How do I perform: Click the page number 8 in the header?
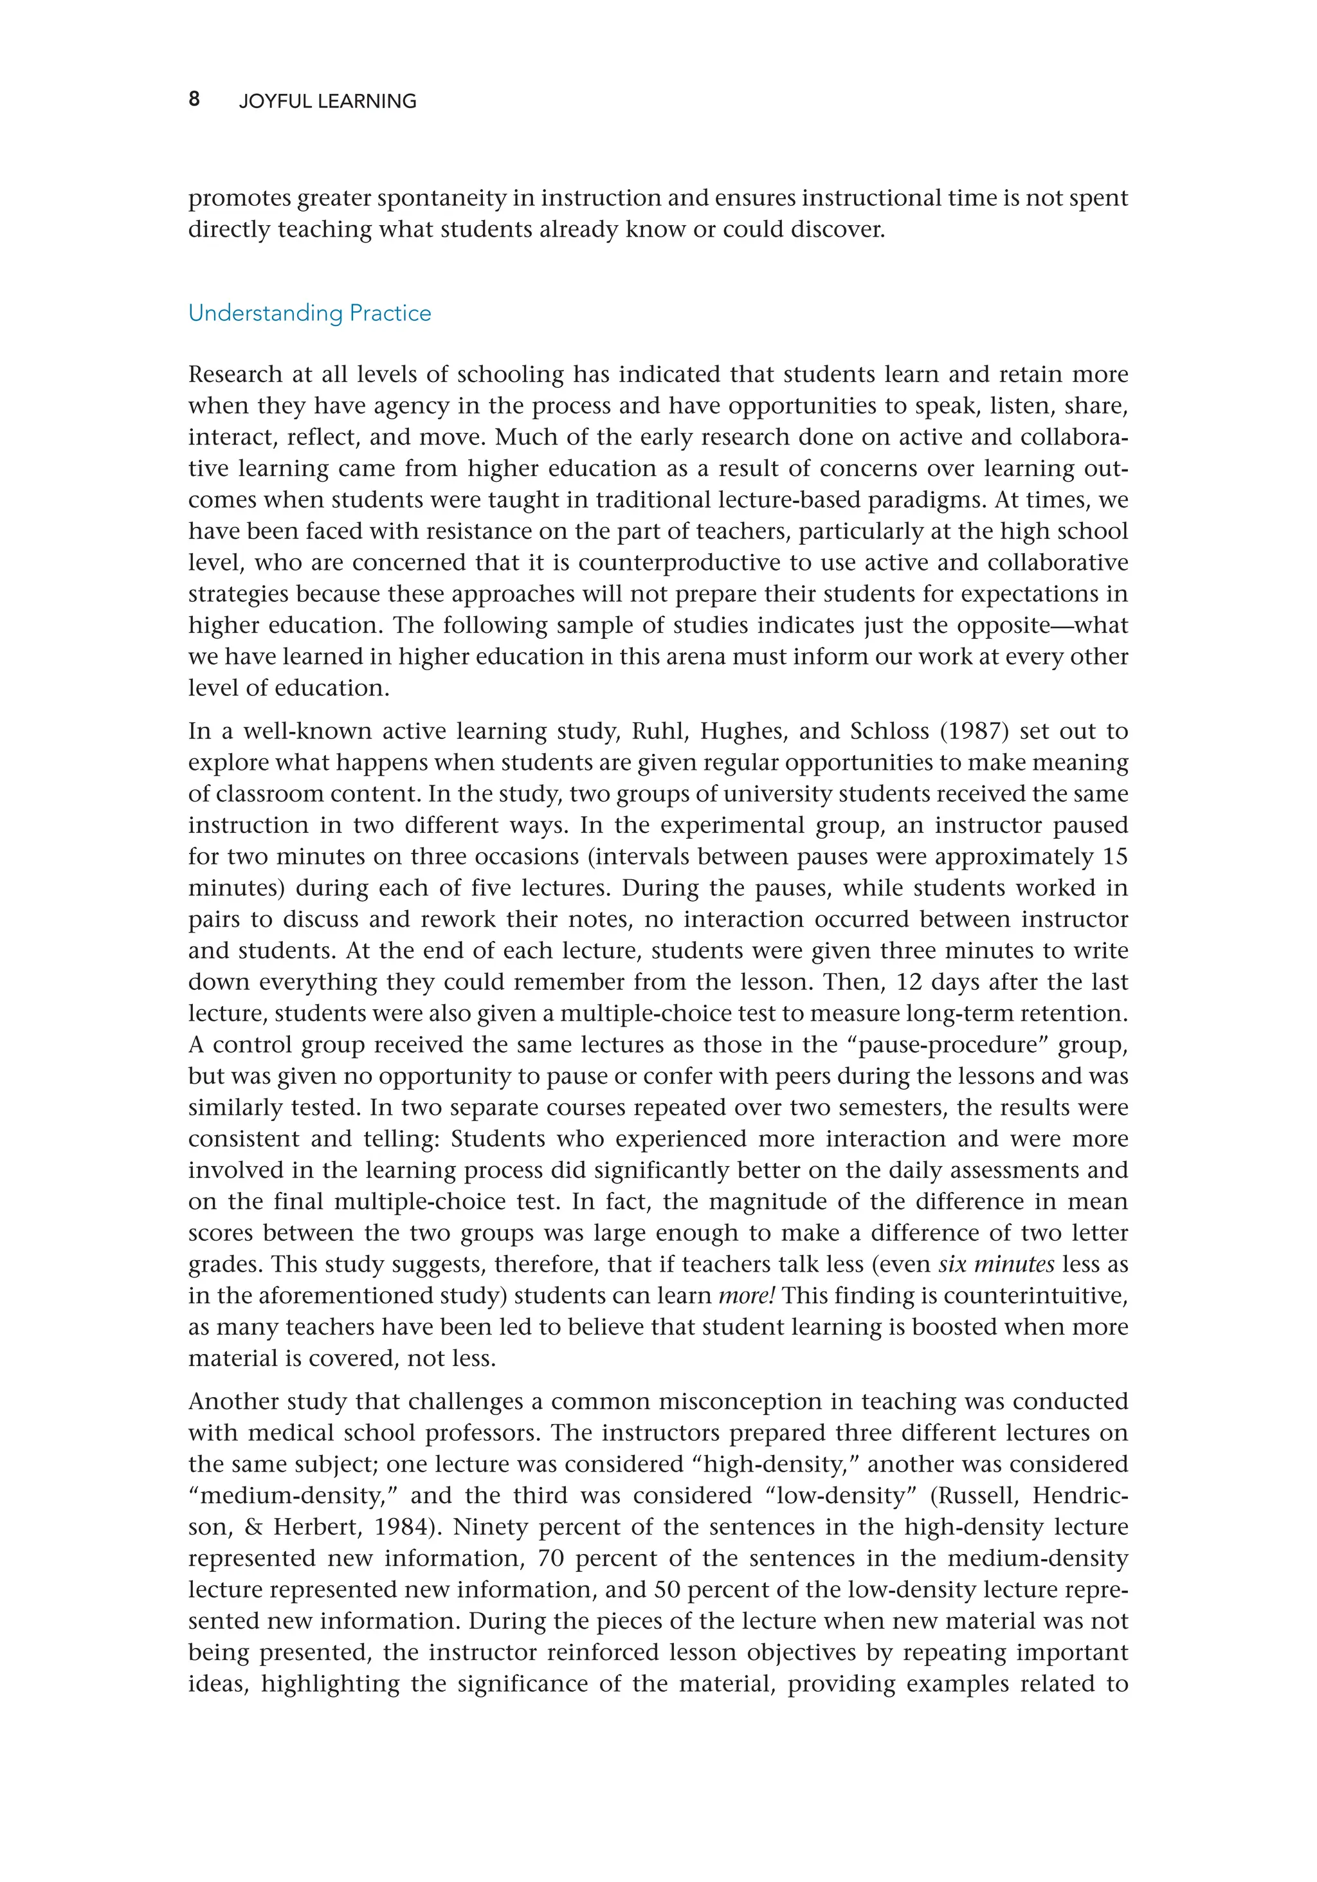[194, 99]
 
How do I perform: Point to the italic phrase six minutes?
[995, 1264]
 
